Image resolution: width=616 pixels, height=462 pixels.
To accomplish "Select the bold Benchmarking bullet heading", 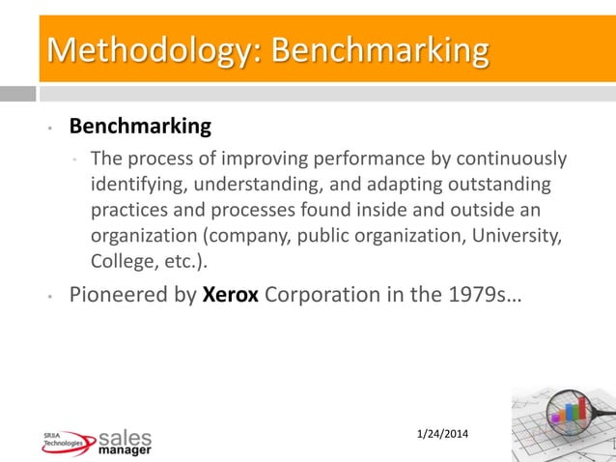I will [139, 127].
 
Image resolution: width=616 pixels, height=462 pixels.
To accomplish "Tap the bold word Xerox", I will [230, 295].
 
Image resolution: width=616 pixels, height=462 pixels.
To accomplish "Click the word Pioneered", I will [120, 295].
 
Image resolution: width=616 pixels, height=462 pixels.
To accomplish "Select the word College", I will [121, 262].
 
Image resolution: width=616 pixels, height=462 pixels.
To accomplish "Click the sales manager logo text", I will [125, 442].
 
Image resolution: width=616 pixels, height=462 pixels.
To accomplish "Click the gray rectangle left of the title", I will [17, 94].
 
